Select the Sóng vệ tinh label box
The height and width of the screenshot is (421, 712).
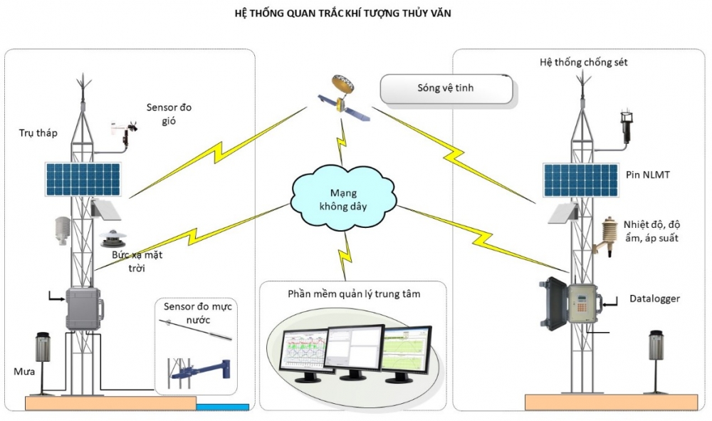(x=446, y=89)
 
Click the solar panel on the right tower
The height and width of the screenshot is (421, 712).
(x=580, y=180)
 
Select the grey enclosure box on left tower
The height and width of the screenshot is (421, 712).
(x=85, y=308)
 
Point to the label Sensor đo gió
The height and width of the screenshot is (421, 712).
(x=169, y=114)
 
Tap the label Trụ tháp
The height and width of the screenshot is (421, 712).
(x=38, y=133)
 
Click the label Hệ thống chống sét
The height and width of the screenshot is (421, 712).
(x=584, y=63)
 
